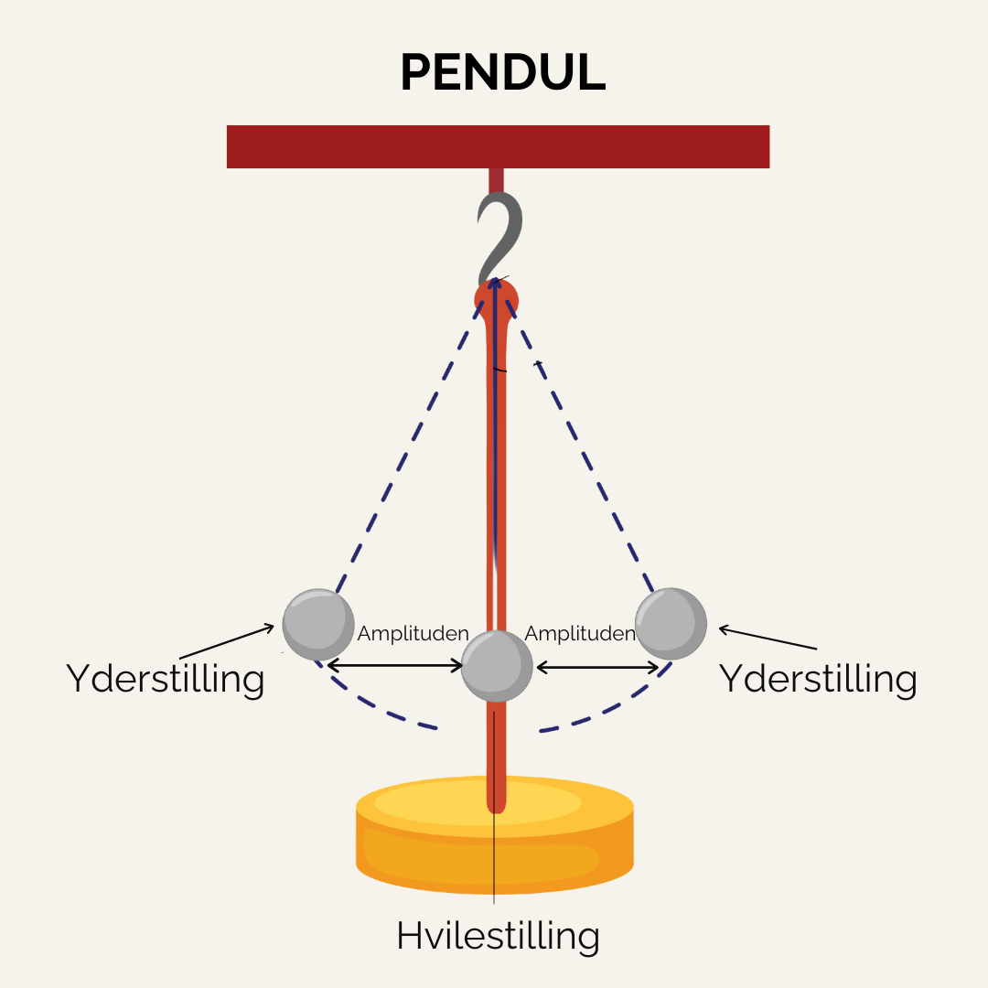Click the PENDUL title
coord(502,72)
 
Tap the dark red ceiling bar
coord(498,146)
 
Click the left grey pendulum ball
coord(317,624)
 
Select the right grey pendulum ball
coord(671,623)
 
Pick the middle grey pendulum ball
coord(496,665)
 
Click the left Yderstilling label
coord(165,679)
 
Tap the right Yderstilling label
coord(817,679)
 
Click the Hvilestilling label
coord(498,936)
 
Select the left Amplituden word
coord(413,633)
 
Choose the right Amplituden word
coord(580,633)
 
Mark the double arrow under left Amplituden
coord(395,667)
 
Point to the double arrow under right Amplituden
coord(597,667)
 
